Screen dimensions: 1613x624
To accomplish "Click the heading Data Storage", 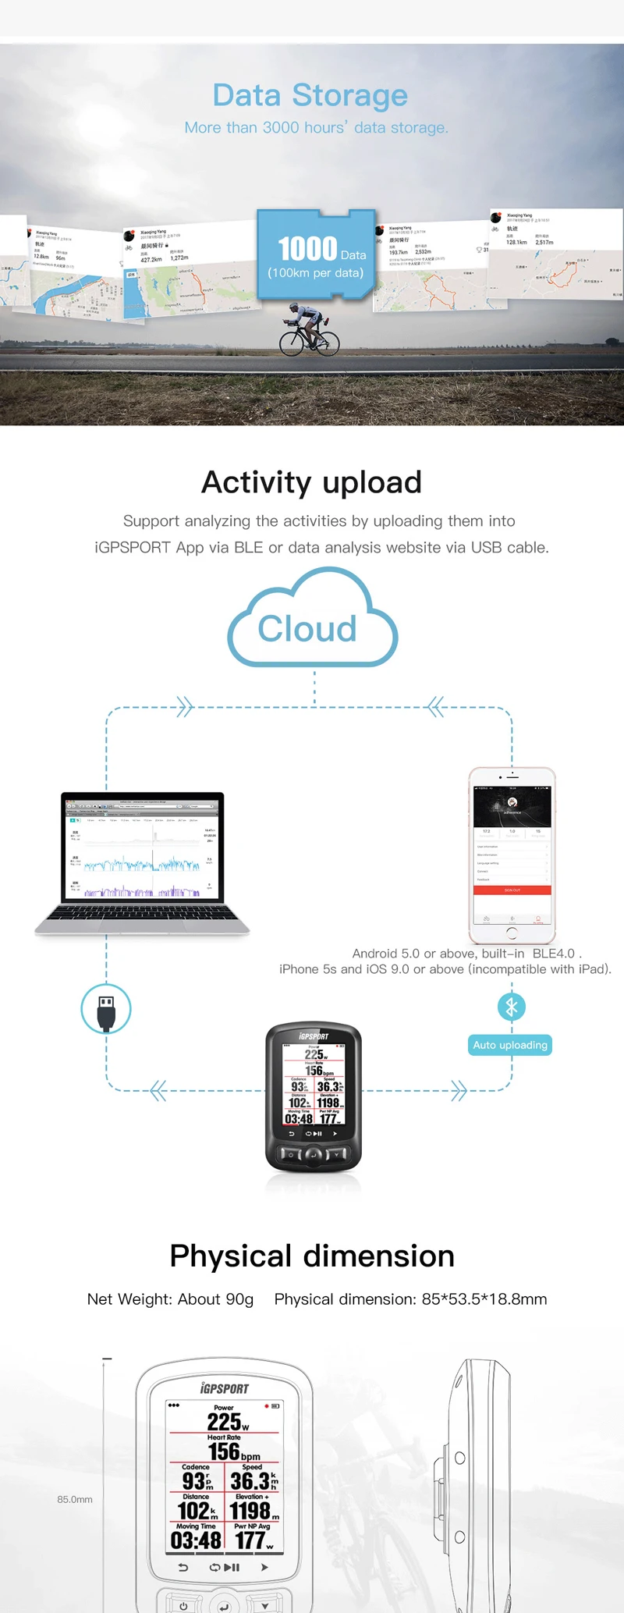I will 310,95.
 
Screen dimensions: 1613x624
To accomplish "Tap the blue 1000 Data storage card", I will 317,254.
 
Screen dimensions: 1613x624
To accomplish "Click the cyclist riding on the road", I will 309,331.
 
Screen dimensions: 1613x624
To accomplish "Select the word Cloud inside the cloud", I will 307,629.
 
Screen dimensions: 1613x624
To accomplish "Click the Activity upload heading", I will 311,482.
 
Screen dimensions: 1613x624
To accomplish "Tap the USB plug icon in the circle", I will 106,1009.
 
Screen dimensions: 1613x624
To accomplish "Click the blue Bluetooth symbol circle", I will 512,1007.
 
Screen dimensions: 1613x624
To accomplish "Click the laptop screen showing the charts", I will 143,848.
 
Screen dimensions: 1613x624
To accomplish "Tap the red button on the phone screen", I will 512,890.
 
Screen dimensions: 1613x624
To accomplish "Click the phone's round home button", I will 512,933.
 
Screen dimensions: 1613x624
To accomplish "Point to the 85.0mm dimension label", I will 75,1499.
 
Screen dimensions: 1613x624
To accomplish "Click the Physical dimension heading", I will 312,1256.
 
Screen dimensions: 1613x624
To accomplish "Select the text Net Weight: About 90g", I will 171,1299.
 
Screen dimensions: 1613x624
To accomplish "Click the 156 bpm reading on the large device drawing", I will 232,1452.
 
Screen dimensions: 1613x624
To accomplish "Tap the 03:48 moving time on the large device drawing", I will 196,1540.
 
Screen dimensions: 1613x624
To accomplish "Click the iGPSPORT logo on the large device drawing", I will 225,1388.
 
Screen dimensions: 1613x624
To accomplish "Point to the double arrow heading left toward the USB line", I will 158,1090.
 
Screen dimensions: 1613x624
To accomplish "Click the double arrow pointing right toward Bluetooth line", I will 459,1090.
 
